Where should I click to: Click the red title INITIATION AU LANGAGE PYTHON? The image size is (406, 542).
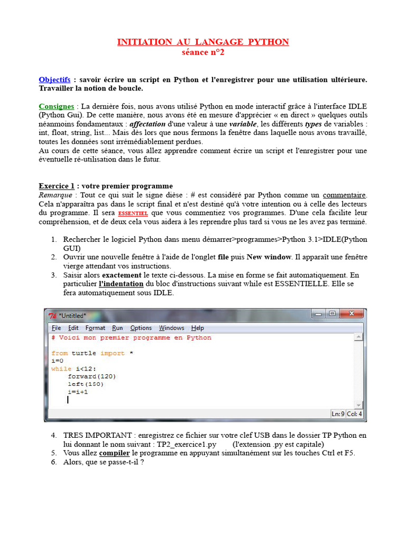[x=203, y=42]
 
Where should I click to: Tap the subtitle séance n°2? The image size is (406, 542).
[x=203, y=52]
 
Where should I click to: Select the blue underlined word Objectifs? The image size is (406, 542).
[x=54, y=79]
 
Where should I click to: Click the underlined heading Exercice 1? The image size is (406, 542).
[x=57, y=186]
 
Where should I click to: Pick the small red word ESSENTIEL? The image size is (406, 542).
[x=133, y=213]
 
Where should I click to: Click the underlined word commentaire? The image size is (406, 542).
[x=345, y=195]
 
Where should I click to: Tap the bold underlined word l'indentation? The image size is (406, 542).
[x=121, y=284]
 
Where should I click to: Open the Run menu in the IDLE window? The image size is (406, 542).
[x=117, y=328]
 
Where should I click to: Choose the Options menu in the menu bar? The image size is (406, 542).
[x=141, y=328]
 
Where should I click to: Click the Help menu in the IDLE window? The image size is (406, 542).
[x=197, y=328]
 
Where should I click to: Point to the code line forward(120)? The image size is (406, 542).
[x=91, y=376]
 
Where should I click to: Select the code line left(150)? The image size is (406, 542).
[x=86, y=384]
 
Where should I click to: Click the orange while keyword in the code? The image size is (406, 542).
[x=61, y=368]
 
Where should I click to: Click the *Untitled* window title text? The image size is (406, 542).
[x=72, y=315]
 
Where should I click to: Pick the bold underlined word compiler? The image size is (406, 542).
[x=115, y=453]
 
